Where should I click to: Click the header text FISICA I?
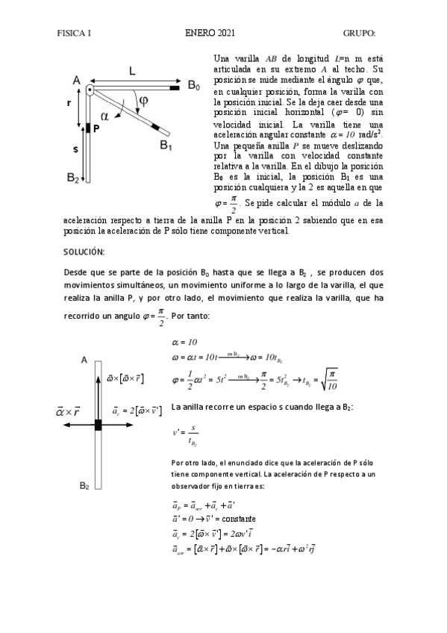pos(74,33)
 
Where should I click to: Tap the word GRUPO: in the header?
pos(358,33)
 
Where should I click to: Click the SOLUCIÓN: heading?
pos(84,252)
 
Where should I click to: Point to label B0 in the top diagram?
pos(194,87)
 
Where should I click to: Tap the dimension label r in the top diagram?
pos(77,104)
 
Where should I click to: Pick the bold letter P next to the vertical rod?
pos(96,128)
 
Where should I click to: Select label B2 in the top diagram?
pos(73,178)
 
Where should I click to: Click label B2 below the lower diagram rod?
pos(84,486)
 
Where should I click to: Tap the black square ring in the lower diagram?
pos(98,425)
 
